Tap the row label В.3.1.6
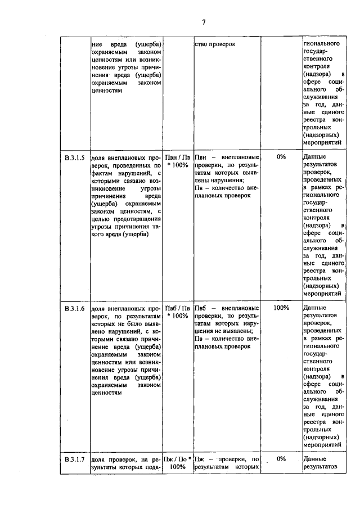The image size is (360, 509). pos(74,308)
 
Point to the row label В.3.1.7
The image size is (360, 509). pos(74,459)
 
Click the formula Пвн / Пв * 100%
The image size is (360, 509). pos(178,162)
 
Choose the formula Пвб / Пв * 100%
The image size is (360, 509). pos(178,312)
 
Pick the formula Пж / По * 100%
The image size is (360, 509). pos(178,463)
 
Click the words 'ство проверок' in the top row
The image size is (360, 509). pos(215,44)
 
